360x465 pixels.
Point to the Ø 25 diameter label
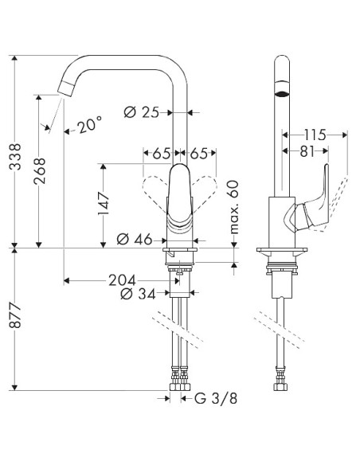pos(145,112)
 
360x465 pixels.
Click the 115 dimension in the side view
pos(315,136)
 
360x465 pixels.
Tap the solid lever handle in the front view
pos(181,195)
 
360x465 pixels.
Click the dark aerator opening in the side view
pos(280,92)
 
